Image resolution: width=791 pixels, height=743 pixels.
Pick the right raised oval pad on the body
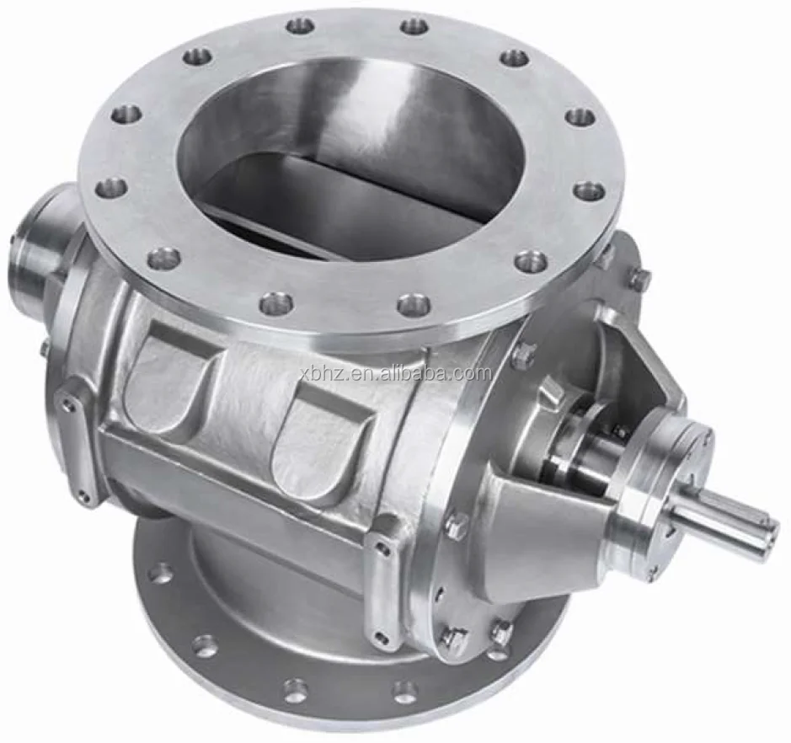(320, 438)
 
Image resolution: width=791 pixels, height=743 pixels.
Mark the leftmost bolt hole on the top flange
(111, 186)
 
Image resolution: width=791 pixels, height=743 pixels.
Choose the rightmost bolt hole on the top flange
(590, 190)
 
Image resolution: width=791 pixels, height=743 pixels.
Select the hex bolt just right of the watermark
(523, 355)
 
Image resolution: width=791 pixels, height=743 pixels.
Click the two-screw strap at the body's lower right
(384, 581)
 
